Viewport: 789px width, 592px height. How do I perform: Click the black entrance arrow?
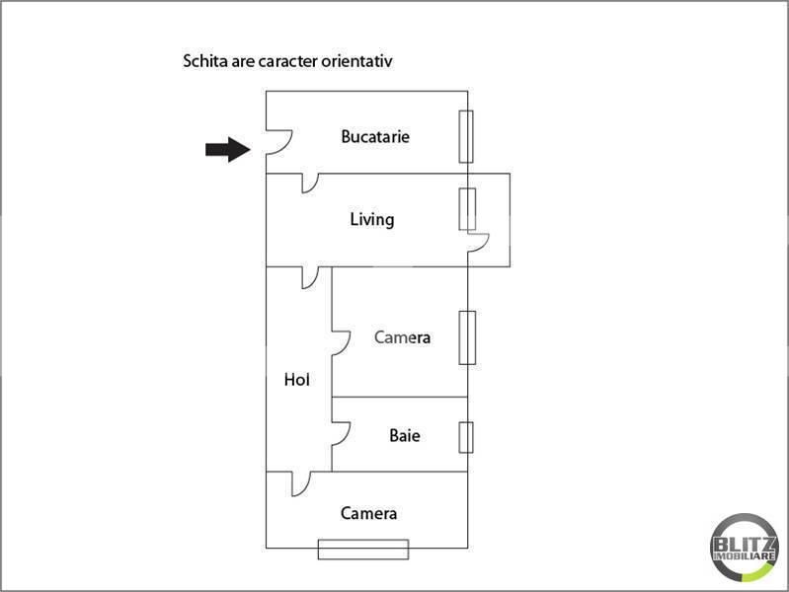pos(227,149)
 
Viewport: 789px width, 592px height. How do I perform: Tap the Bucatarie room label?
pos(375,136)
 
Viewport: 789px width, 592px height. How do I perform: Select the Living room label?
pos(372,219)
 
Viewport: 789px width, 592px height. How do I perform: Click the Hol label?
pos(296,378)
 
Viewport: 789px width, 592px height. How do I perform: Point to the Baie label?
pos(404,434)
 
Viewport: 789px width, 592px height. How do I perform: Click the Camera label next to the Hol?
pos(402,337)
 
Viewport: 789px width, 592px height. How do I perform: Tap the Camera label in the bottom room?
pos(368,513)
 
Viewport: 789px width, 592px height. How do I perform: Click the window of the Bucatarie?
pos(466,136)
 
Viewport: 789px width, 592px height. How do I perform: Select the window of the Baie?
pos(466,435)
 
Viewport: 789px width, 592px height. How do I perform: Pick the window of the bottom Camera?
pos(362,549)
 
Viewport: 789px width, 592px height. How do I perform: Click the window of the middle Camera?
pos(466,337)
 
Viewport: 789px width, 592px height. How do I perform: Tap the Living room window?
pos(466,209)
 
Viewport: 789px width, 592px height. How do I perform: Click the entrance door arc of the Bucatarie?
pos(276,144)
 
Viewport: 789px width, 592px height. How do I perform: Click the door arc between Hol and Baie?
pos(342,434)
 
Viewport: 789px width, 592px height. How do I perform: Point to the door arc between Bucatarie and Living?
pos(310,183)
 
